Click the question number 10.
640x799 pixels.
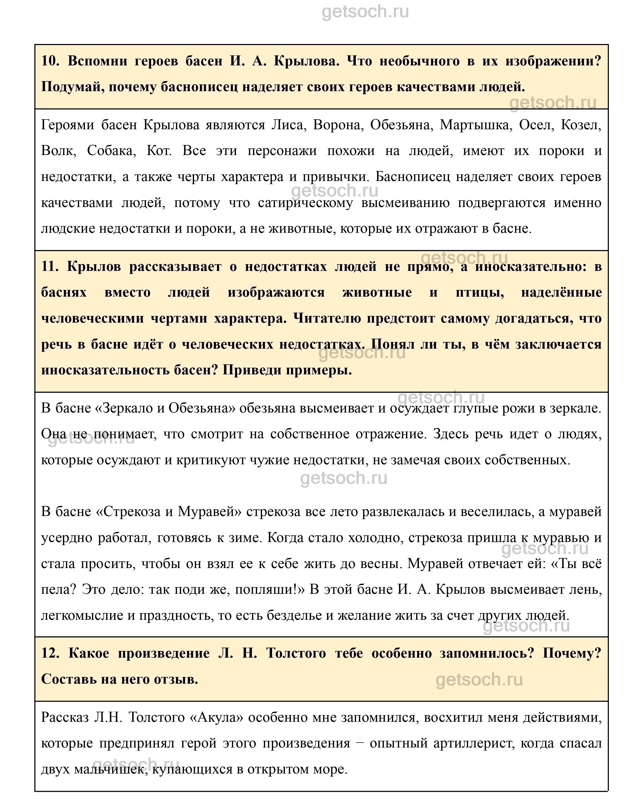50,61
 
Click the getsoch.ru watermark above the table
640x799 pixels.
365,12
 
